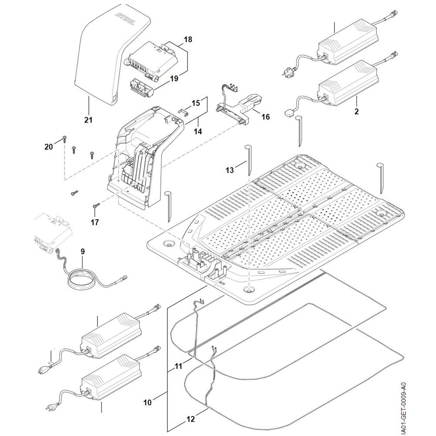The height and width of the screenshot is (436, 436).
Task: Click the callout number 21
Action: click(x=89, y=119)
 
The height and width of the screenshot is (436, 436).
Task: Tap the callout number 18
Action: click(x=188, y=40)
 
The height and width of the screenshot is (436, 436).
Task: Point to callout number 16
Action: click(x=266, y=117)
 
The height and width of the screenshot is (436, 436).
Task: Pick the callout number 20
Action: click(x=48, y=146)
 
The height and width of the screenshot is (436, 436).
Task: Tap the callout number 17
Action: click(x=95, y=222)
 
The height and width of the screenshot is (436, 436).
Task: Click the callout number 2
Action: click(x=357, y=112)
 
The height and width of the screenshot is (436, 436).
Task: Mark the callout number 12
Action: click(x=191, y=419)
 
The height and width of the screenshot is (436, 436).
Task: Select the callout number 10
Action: click(x=147, y=403)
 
